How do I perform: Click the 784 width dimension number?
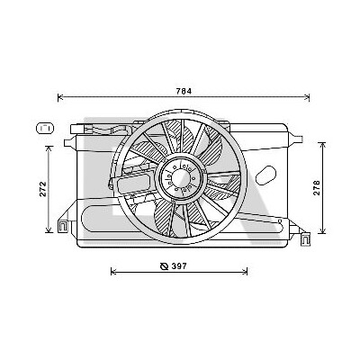coord(184,91)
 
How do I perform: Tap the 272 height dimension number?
coord(43,189)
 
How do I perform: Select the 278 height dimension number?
coord(317,188)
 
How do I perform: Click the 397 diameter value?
coord(179,265)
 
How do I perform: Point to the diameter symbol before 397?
coord(164,266)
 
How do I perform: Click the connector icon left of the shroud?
coord(44,128)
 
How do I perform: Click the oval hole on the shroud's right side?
coord(265,175)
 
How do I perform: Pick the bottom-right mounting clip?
coord(305,238)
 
